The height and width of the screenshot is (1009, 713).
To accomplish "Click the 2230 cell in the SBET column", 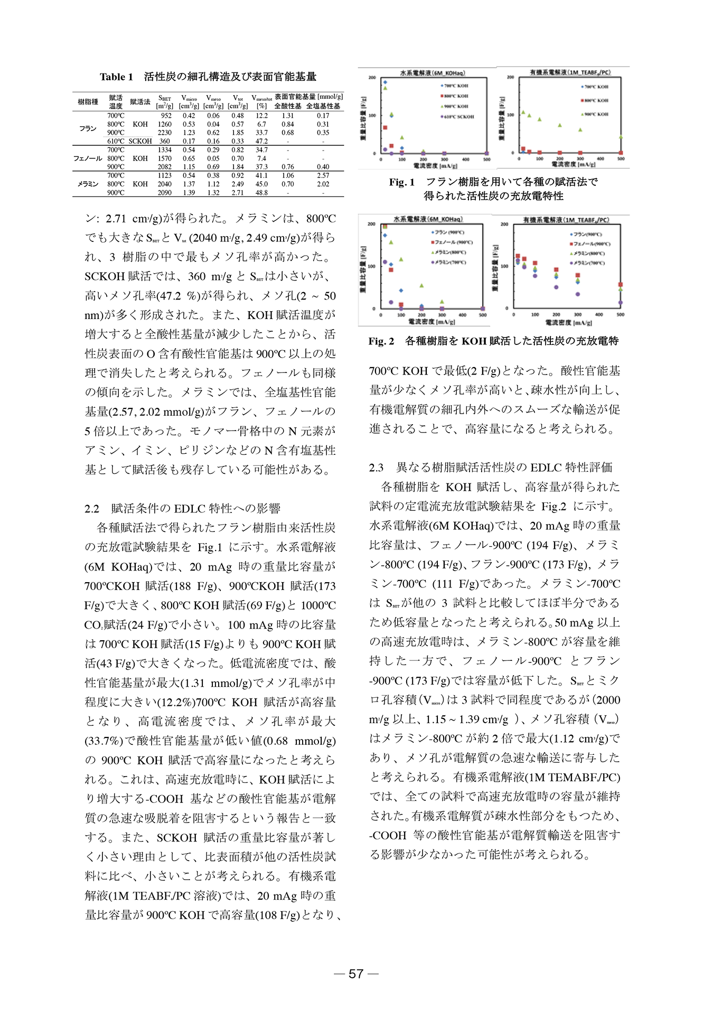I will [165, 133].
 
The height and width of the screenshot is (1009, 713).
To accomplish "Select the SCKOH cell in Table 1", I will [140, 141].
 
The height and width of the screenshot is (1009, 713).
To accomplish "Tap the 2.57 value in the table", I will [323, 175].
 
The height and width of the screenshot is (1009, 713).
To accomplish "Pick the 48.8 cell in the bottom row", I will [261, 193].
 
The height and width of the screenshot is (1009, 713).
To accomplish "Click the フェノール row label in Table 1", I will [88, 158].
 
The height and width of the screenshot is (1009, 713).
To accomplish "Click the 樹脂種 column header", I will [88, 102].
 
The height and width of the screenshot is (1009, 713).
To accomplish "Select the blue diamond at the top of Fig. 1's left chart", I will [385, 82].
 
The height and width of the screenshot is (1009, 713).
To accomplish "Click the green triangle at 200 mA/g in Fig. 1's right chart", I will [560, 125].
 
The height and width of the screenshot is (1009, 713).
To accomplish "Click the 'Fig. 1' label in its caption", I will [401, 182].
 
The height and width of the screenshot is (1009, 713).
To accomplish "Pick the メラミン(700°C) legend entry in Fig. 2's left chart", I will [449, 262].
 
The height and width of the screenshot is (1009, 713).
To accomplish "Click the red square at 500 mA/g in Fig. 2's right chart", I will [621, 285].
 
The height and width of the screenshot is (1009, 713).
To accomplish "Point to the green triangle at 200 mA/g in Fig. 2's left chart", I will [421, 286].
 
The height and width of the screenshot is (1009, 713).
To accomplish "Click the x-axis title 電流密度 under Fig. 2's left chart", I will [428, 321].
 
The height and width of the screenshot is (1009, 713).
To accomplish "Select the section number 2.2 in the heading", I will [92, 509].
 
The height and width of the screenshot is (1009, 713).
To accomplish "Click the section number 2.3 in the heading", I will [376, 468].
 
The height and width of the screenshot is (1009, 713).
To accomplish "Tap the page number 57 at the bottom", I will [356, 974].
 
